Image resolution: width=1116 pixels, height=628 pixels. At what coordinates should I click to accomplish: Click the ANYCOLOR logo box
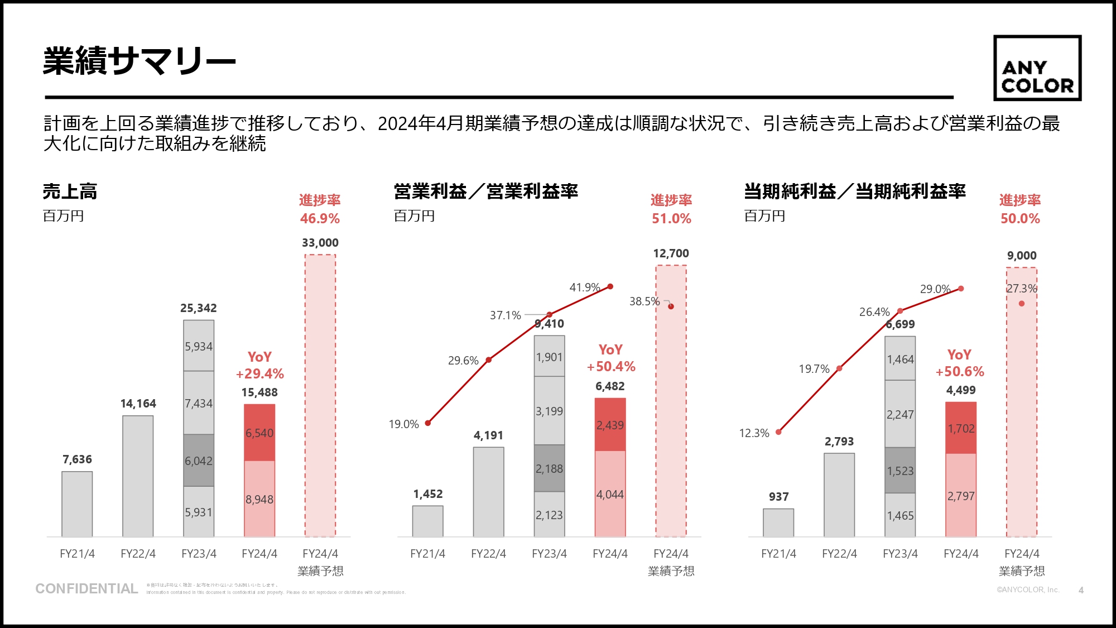(1037, 68)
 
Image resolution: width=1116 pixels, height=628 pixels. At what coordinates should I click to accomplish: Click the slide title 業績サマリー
(139, 61)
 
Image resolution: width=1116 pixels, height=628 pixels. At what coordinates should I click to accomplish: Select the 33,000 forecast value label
(320, 243)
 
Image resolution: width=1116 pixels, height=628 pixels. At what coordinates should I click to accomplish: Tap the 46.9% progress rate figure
(320, 218)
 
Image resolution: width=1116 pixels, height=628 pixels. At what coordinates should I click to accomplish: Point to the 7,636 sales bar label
(77, 459)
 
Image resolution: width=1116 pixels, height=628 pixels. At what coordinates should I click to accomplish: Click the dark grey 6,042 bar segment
(199, 461)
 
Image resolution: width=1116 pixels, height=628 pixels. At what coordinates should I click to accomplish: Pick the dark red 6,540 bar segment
(259, 433)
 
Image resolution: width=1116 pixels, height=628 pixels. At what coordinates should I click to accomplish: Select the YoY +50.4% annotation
(610, 358)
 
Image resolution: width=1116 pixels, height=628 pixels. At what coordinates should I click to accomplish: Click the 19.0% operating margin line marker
(428, 423)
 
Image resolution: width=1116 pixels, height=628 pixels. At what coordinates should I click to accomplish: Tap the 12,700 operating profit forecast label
(671, 253)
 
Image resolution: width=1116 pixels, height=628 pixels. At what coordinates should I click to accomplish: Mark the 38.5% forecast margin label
(644, 301)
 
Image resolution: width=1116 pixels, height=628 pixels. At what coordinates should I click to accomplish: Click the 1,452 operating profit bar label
(428, 494)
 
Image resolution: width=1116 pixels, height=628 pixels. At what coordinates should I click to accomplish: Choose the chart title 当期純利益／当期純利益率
(854, 191)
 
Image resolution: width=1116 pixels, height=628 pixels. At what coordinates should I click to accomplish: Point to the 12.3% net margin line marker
(778, 432)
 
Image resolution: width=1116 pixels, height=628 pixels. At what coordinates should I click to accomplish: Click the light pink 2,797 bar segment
(961, 496)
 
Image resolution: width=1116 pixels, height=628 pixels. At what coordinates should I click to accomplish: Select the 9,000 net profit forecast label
(1022, 256)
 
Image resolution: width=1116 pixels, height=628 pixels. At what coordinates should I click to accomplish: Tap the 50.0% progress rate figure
(1020, 218)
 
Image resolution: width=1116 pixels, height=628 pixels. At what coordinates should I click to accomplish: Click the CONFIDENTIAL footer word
(86, 588)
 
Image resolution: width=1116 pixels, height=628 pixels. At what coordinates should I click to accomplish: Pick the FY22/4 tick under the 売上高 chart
(138, 554)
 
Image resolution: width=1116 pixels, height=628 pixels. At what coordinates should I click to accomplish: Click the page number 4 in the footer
(1081, 590)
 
